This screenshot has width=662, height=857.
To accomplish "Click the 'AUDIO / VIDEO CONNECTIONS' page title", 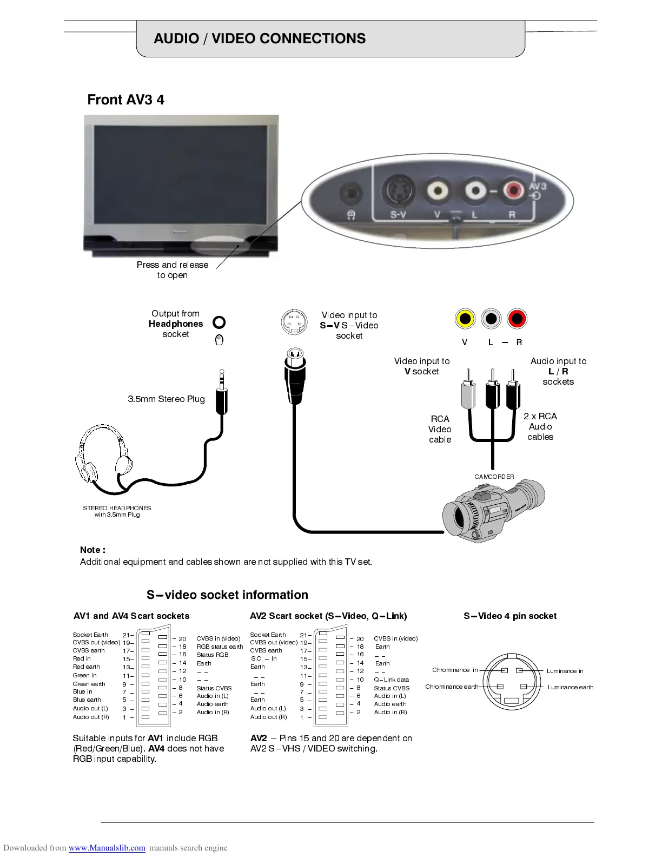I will (x=260, y=38).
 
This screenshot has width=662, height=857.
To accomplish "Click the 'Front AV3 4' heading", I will (x=125, y=100).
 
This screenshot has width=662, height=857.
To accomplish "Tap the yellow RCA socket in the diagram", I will (x=465, y=318).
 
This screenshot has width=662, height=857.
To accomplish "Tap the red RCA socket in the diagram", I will (x=517, y=318).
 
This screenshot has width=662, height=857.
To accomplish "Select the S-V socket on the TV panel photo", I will (x=398, y=191).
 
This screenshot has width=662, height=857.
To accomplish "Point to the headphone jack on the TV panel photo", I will (x=350, y=193).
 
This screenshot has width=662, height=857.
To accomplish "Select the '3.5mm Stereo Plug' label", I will (x=166, y=399).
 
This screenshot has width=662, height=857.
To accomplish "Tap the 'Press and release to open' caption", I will (x=173, y=270).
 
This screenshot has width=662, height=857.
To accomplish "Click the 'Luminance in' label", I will (x=565, y=671).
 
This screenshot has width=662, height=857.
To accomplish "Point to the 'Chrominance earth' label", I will (x=452, y=687).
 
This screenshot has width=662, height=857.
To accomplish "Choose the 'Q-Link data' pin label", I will (x=391, y=680).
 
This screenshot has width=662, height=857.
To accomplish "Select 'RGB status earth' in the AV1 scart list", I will (x=220, y=647).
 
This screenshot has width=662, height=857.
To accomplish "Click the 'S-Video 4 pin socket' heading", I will (x=509, y=616).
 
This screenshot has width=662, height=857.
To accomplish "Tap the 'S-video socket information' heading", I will (x=227, y=595).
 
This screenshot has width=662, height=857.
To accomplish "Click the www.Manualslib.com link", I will (x=107, y=848).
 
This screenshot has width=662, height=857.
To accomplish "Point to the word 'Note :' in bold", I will (x=92, y=550).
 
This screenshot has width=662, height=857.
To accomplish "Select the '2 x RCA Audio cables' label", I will (x=540, y=426).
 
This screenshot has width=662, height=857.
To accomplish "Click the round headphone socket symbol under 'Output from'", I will (x=219, y=322).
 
